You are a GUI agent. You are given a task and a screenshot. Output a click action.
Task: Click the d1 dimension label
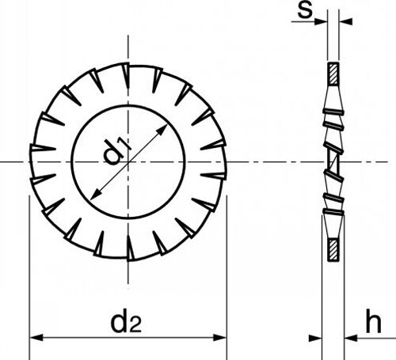pyautogui.click(x=116, y=152)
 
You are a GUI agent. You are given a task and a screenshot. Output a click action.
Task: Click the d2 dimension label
pyautogui.click(x=126, y=323)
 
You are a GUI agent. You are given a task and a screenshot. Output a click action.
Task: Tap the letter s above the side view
pyautogui.click(x=305, y=11)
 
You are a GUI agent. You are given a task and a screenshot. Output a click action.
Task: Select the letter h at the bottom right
pyautogui.click(x=373, y=321)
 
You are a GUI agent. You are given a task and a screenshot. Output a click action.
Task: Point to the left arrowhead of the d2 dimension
pyautogui.click(x=36, y=337)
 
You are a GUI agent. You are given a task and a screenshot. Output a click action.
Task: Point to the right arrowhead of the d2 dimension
pyautogui.click(x=220, y=337)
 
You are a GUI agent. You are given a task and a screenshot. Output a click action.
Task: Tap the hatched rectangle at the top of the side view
pyautogui.click(x=333, y=74)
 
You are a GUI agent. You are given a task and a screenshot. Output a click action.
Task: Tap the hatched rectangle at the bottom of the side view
pyautogui.click(x=333, y=250)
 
